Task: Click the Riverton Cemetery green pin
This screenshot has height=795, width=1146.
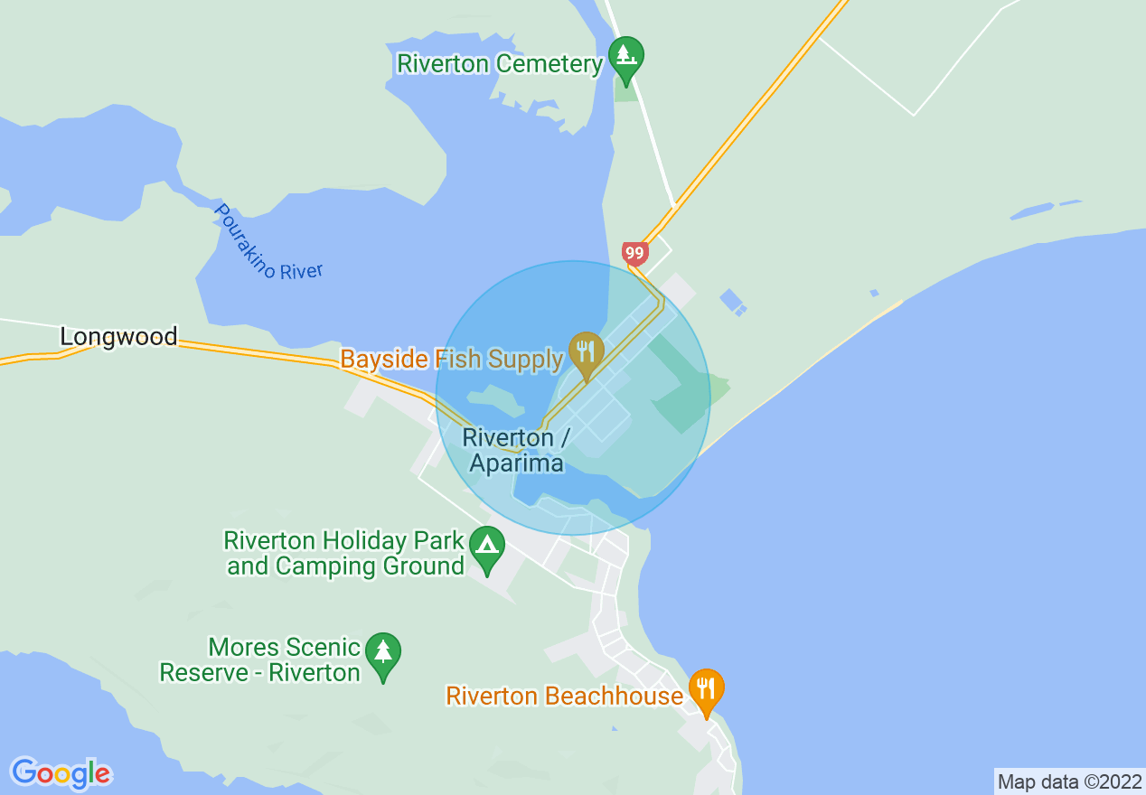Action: pyautogui.click(x=625, y=57)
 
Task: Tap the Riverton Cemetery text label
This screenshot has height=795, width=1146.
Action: pyautogui.click(x=500, y=64)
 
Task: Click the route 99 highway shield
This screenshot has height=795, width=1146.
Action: pyautogui.click(x=634, y=253)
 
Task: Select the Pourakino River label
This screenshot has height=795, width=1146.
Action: pyautogui.click(x=268, y=243)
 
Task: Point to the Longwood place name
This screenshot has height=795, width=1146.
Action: pyautogui.click(x=118, y=337)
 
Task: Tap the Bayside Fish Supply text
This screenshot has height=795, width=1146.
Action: pyautogui.click(x=451, y=360)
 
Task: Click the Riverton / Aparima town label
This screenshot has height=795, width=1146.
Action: pyautogui.click(x=515, y=451)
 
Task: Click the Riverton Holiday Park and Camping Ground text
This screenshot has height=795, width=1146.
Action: pyautogui.click(x=344, y=554)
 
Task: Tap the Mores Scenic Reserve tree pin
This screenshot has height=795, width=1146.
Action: pyautogui.click(x=383, y=653)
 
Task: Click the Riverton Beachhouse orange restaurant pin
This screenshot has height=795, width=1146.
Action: pyautogui.click(x=706, y=690)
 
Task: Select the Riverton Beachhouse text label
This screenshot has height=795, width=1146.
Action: pyautogui.click(x=565, y=697)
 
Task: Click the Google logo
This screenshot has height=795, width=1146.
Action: pyautogui.click(x=61, y=773)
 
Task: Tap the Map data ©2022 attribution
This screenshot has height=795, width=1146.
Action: pyautogui.click(x=1070, y=781)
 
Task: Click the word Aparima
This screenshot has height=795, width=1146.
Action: pyautogui.click(x=517, y=463)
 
